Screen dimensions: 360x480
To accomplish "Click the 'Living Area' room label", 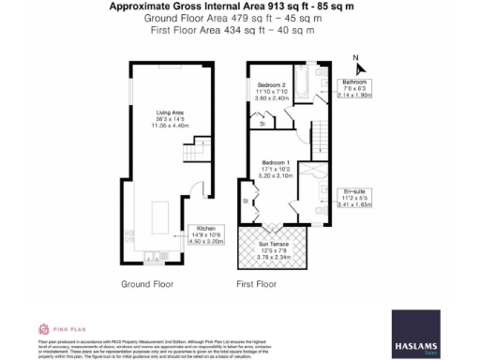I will [x=156, y=112].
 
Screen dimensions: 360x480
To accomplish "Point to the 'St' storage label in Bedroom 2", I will [x=263, y=122].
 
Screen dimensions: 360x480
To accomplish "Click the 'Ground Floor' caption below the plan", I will [x=147, y=282].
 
